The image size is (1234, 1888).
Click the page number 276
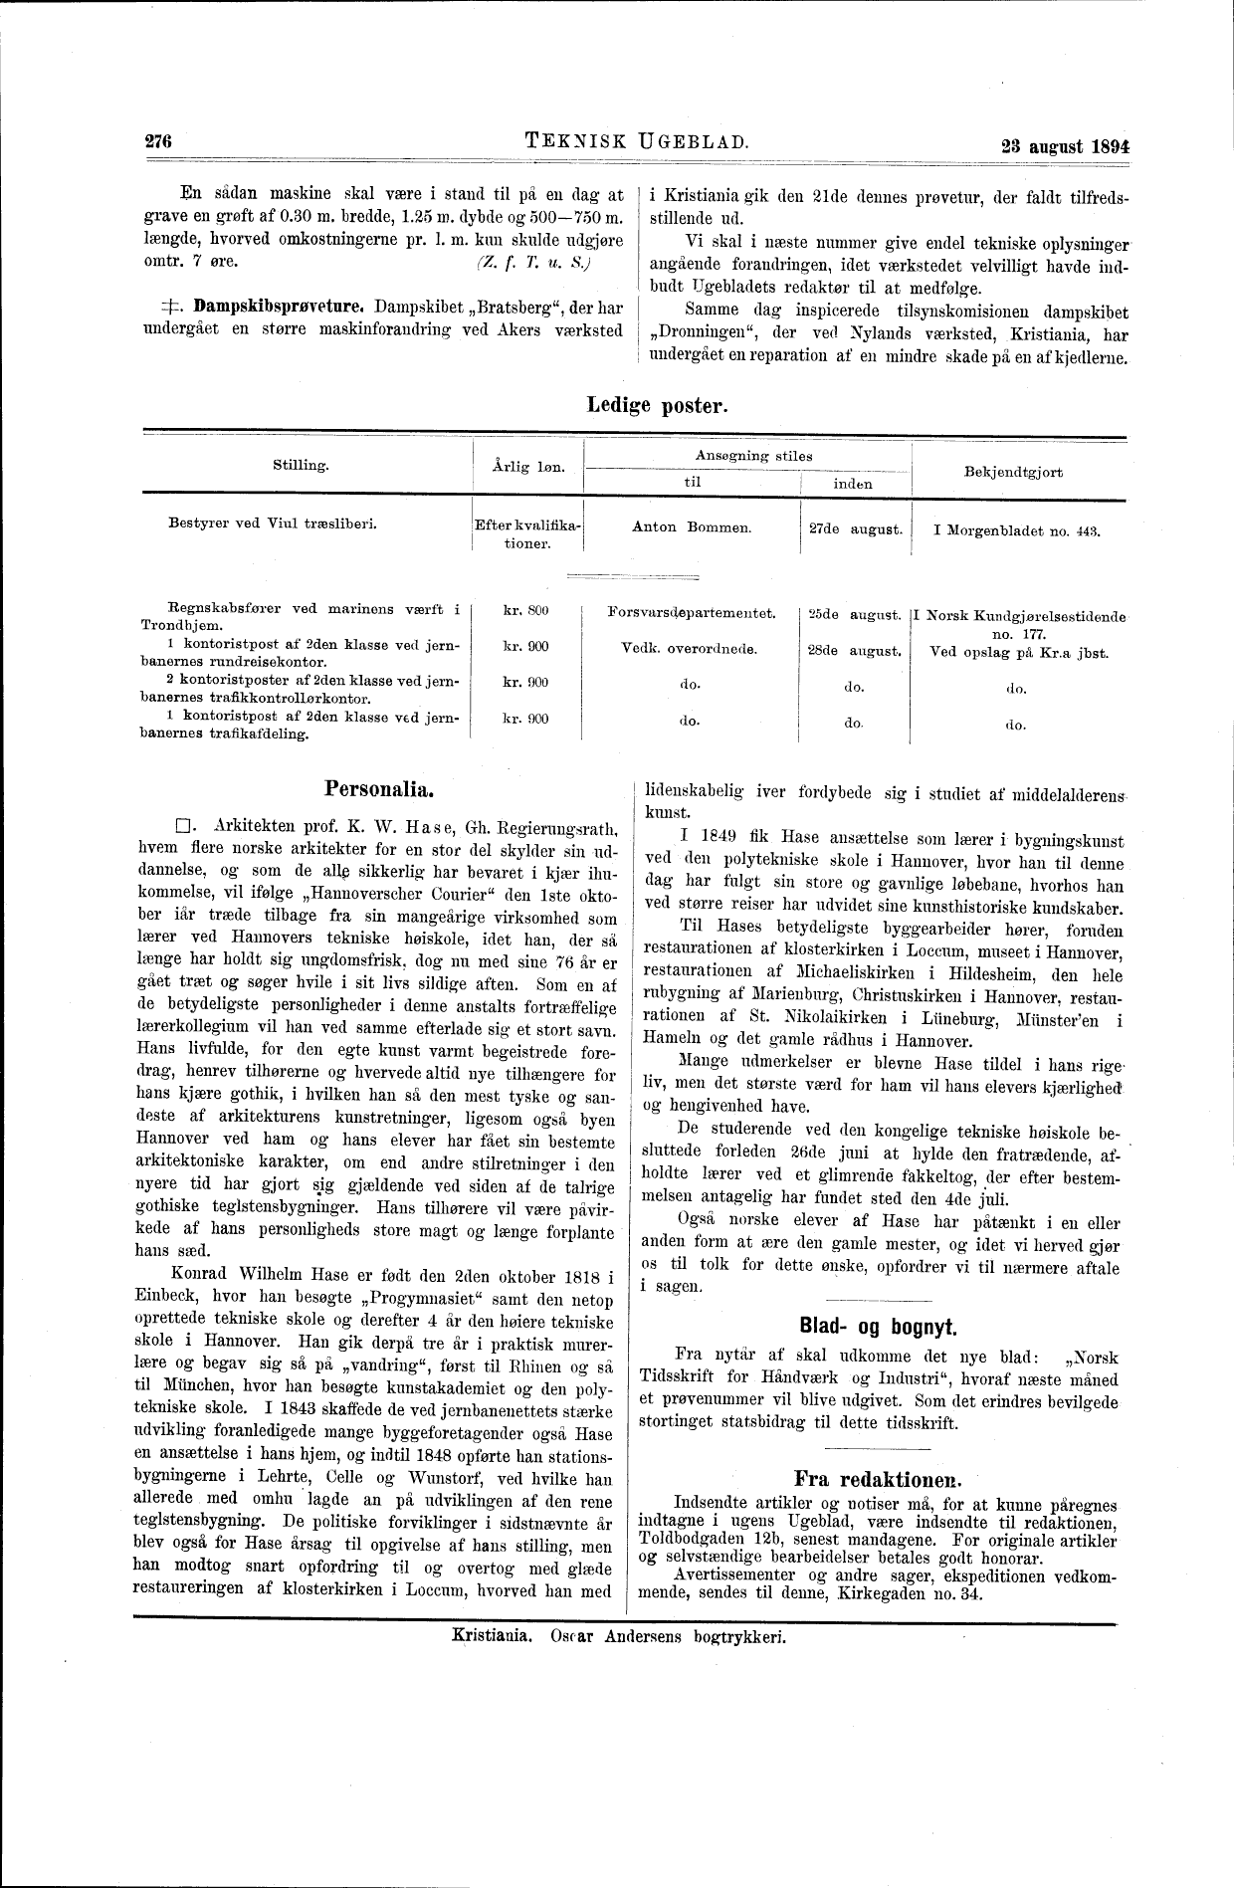(159, 141)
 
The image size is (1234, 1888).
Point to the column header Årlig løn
(528, 466)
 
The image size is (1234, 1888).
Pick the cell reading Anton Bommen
(691, 527)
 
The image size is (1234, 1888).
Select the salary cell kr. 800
(526, 610)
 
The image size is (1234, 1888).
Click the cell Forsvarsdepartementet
(691, 611)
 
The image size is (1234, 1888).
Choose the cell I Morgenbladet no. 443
(1015, 531)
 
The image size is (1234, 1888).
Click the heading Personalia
(378, 790)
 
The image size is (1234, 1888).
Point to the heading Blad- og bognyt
(877, 1326)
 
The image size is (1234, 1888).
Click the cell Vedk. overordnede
(689, 649)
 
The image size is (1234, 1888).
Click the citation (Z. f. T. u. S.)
(532, 263)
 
